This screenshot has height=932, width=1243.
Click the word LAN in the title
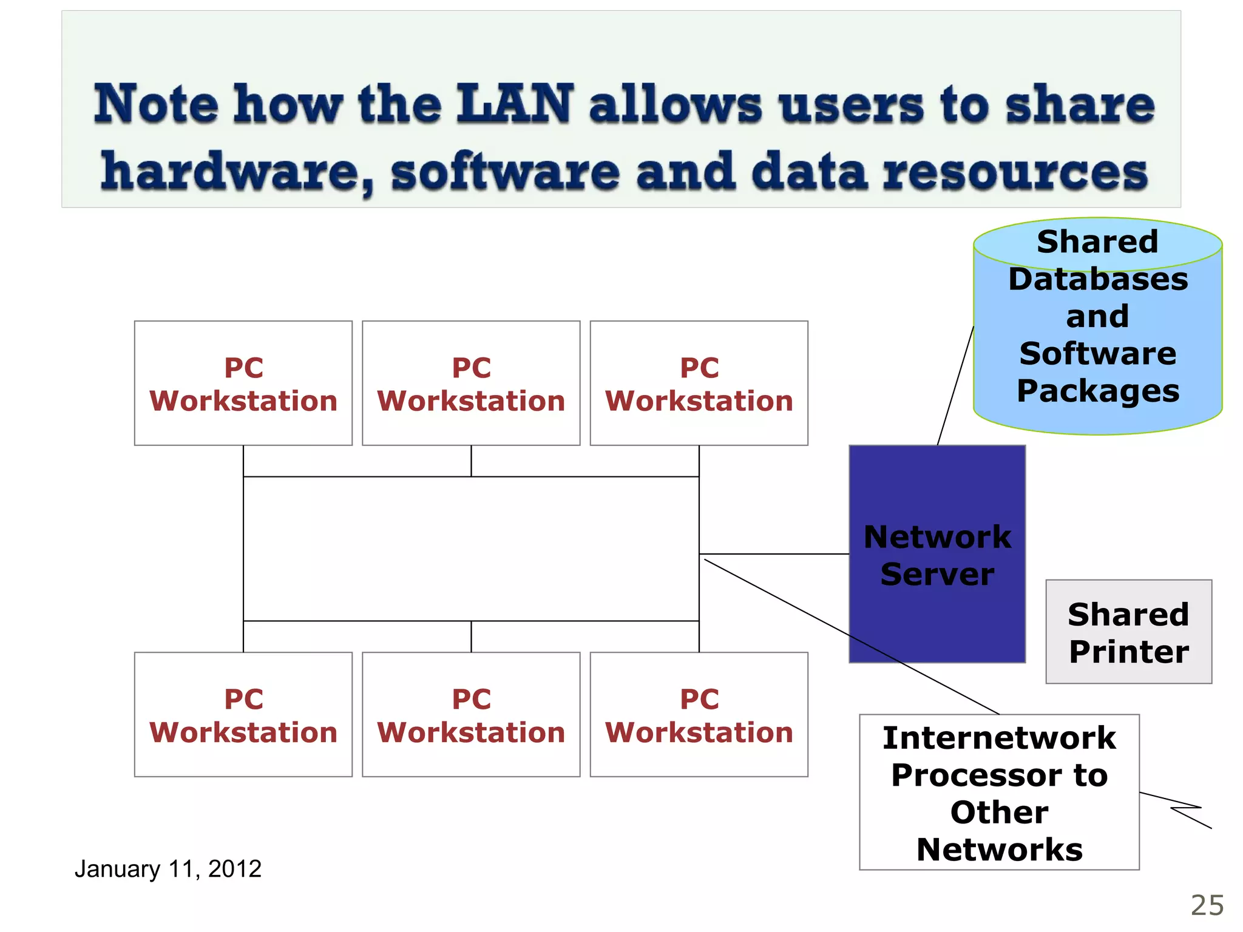click(515, 104)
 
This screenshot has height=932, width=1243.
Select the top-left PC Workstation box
click(243, 383)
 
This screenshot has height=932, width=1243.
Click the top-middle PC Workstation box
click(471, 383)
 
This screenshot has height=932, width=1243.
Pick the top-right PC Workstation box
click(699, 383)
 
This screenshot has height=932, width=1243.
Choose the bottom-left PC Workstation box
click(243, 715)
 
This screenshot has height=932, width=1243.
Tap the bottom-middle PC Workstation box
click(471, 715)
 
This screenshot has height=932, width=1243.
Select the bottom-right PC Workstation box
click(699, 715)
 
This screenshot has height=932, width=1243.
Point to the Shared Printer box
click(1128, 632)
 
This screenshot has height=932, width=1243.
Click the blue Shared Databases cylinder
click(1097, 328)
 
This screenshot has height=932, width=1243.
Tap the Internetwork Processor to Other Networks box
click(999, 792)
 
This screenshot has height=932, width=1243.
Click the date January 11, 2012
click(168, 869)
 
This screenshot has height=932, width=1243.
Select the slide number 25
click(1207, 906)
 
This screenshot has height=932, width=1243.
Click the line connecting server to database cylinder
click(955, 386)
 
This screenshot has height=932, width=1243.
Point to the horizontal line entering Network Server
click(774, 554)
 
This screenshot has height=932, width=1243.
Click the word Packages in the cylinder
click(1098, 391)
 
